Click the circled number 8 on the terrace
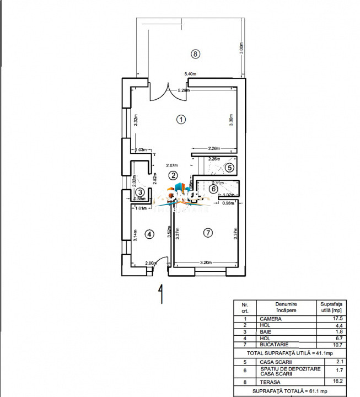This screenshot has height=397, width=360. pyautogui.click(x=194, y=53)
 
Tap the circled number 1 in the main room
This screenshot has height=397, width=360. pyautogui.click(x=180, y=119)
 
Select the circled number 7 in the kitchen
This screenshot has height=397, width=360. pyautogui.click(x=207, y=233)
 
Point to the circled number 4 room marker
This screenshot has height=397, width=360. pyautogui.click(x=148, y=234)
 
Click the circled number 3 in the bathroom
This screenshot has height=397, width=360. pyautogui.click(x=139, y=191)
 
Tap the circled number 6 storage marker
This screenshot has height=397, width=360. pyautogui.click(x=214, y=189)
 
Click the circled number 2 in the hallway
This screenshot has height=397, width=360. pyautogui.click(x=173, y=175)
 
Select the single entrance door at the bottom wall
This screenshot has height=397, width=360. pyautogui.click(x=160, y=266)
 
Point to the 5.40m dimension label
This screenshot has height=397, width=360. pyautogui.click(x=191, y=73)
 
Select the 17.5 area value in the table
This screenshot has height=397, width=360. pyautogui.click(x=331, y=319)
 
